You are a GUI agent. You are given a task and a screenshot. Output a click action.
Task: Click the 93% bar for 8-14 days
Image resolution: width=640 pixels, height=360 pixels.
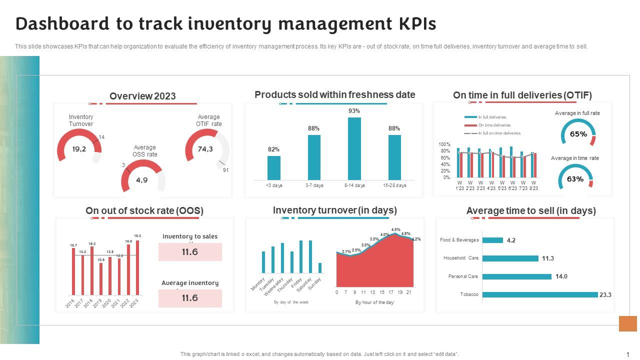pos(354,148)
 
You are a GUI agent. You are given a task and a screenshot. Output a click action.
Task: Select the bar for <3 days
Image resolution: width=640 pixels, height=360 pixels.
pos(273,167)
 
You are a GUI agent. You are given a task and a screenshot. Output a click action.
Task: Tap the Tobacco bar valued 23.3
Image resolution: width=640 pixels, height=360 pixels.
pos(540,294)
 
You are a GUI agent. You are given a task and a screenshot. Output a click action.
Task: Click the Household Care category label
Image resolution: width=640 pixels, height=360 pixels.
pos(460,258)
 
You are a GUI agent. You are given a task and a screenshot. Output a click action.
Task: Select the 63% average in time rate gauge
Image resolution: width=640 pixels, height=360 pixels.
pos(575,179)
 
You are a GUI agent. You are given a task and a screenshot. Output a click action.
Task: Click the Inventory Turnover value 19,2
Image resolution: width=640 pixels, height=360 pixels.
pos(79,149)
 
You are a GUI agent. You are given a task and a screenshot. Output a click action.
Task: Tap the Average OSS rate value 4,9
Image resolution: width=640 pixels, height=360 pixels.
pos(142,180)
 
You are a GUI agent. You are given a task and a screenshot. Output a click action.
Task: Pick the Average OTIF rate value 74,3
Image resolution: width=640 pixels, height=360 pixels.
pos(205,149)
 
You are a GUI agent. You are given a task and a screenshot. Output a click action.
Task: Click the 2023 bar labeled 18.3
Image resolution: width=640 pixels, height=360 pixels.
pos(137,267)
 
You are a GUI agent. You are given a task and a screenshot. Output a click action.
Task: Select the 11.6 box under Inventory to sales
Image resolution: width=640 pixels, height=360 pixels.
pos(190,252)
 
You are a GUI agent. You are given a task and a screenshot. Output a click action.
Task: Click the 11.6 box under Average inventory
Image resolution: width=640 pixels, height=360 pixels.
pos(190,298)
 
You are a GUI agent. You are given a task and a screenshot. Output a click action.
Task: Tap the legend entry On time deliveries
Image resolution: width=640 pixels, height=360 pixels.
pos(494,125)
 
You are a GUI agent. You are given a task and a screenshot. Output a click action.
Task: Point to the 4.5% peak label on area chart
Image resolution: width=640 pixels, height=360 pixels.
pos(395,229)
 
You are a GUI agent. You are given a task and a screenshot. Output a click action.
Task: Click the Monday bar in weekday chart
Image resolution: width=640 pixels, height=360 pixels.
pos(263,262)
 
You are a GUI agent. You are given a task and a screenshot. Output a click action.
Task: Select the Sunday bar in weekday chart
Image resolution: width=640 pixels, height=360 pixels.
pos(320,267)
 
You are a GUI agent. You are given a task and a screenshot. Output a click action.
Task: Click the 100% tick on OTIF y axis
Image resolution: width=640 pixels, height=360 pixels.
pos(444,144)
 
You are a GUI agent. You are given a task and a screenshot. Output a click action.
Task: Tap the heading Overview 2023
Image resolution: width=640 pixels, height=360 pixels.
pos(142,96)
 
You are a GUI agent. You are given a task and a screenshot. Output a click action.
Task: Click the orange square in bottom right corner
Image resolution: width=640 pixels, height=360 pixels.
pos(627,323)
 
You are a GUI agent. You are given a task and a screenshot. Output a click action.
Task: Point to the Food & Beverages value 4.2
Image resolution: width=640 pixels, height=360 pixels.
pos(511,240)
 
